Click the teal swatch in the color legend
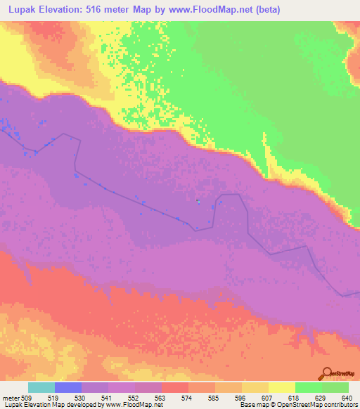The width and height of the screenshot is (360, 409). pos(41,387)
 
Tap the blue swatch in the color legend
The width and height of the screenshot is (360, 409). pos(67,387)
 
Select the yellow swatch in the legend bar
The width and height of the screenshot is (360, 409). pos(281,387)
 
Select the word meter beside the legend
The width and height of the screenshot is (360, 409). pos(11,397)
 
